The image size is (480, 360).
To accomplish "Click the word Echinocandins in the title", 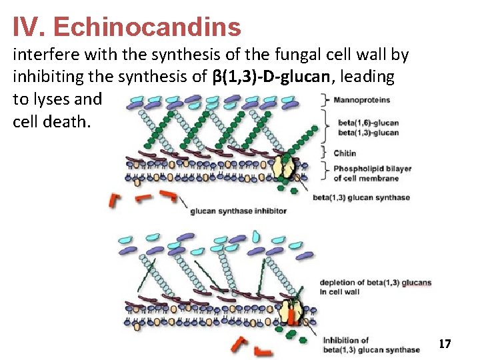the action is click(x=147, y=27).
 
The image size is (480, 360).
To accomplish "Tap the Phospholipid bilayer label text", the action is click(x=372, y=169).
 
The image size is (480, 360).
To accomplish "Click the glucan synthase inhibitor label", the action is click(x=238, y=211).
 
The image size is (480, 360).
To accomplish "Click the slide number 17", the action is click(x=445, y=344).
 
